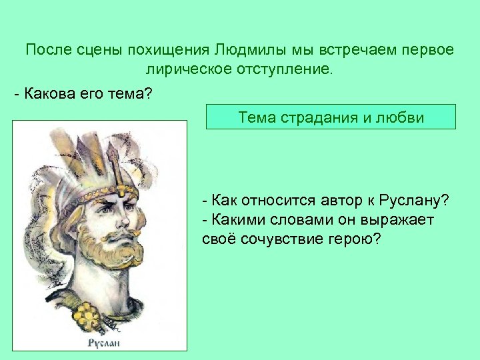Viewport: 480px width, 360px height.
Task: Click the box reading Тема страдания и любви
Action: (x=331, y=117)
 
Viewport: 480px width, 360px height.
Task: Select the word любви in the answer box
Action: (x=403, y=117)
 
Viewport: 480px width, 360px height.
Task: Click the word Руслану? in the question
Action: (x=414, y=201)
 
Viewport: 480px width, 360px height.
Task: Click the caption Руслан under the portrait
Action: (x=104, y=343)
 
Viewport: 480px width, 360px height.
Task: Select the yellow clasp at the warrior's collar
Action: (x=89, y=313)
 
